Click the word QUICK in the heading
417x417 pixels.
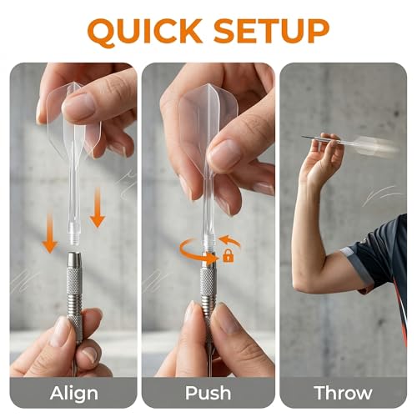coord(145,32)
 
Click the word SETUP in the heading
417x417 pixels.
coord(272,31)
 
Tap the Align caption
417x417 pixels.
coord(74,393)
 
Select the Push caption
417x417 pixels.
coord(208,393)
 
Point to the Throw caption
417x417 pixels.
coord(343,393)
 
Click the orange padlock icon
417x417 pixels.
coord(229,256)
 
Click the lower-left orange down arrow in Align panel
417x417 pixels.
coord(50,234)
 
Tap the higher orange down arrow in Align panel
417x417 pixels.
coord(97,207)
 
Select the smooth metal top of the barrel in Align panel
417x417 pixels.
coord(74,260)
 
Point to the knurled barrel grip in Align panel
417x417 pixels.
coord(74,279)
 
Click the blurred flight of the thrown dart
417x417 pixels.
coord(378,147)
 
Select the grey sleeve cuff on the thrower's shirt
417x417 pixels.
coord(359,267)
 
